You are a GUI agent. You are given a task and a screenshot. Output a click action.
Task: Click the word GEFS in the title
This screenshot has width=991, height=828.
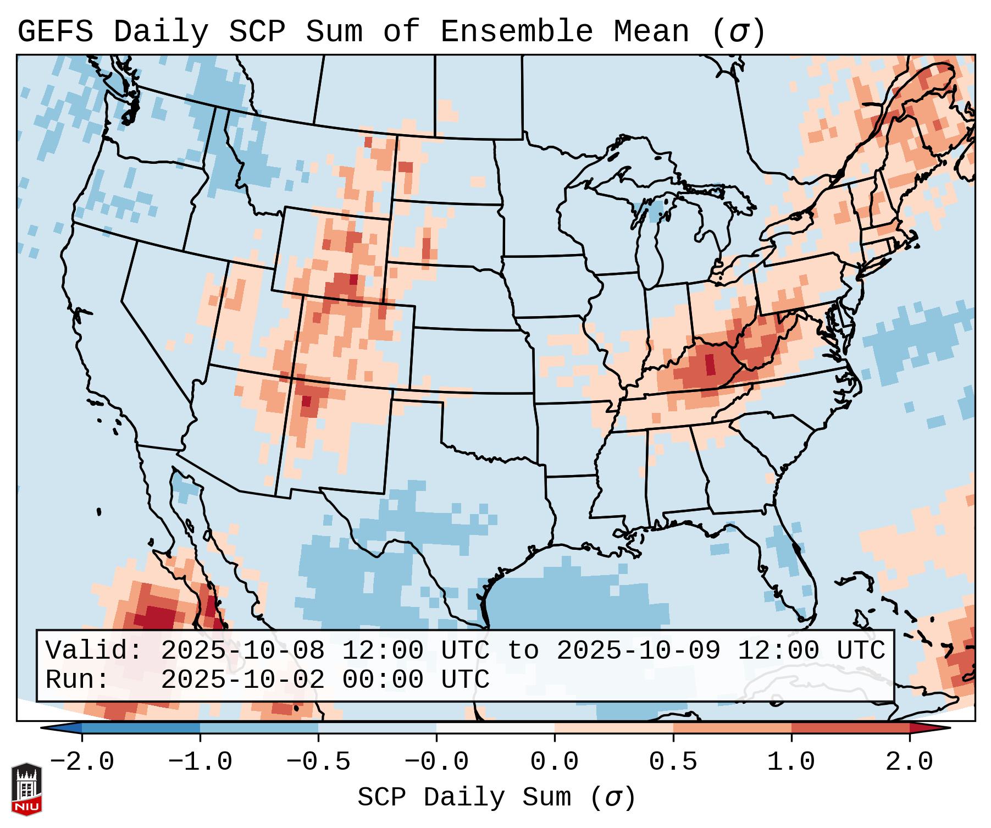click(55, 32)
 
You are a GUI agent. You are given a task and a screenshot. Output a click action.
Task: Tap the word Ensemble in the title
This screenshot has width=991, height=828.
click(517, 32)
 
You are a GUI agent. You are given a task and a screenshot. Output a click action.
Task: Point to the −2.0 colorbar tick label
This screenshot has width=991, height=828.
click(82, 762)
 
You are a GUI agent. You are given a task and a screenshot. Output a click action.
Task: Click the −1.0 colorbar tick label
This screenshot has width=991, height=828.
click(200, 762)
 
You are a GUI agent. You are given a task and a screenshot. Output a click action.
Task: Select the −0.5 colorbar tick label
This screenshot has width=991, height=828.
click(318, 762)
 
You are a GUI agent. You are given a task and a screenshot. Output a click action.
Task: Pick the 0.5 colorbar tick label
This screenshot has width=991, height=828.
click(673, 762)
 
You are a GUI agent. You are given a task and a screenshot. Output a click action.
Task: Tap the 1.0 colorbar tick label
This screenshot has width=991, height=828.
click(791, 762)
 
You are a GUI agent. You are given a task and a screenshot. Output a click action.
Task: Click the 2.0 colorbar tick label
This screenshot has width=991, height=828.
click(910, 762)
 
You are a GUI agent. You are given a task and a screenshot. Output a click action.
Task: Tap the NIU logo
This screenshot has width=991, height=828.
click(26, 788)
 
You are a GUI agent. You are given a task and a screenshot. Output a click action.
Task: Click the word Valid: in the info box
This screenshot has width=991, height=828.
click(94, 651)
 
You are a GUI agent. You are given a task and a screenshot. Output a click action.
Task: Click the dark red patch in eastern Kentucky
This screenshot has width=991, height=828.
click(710, 364)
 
